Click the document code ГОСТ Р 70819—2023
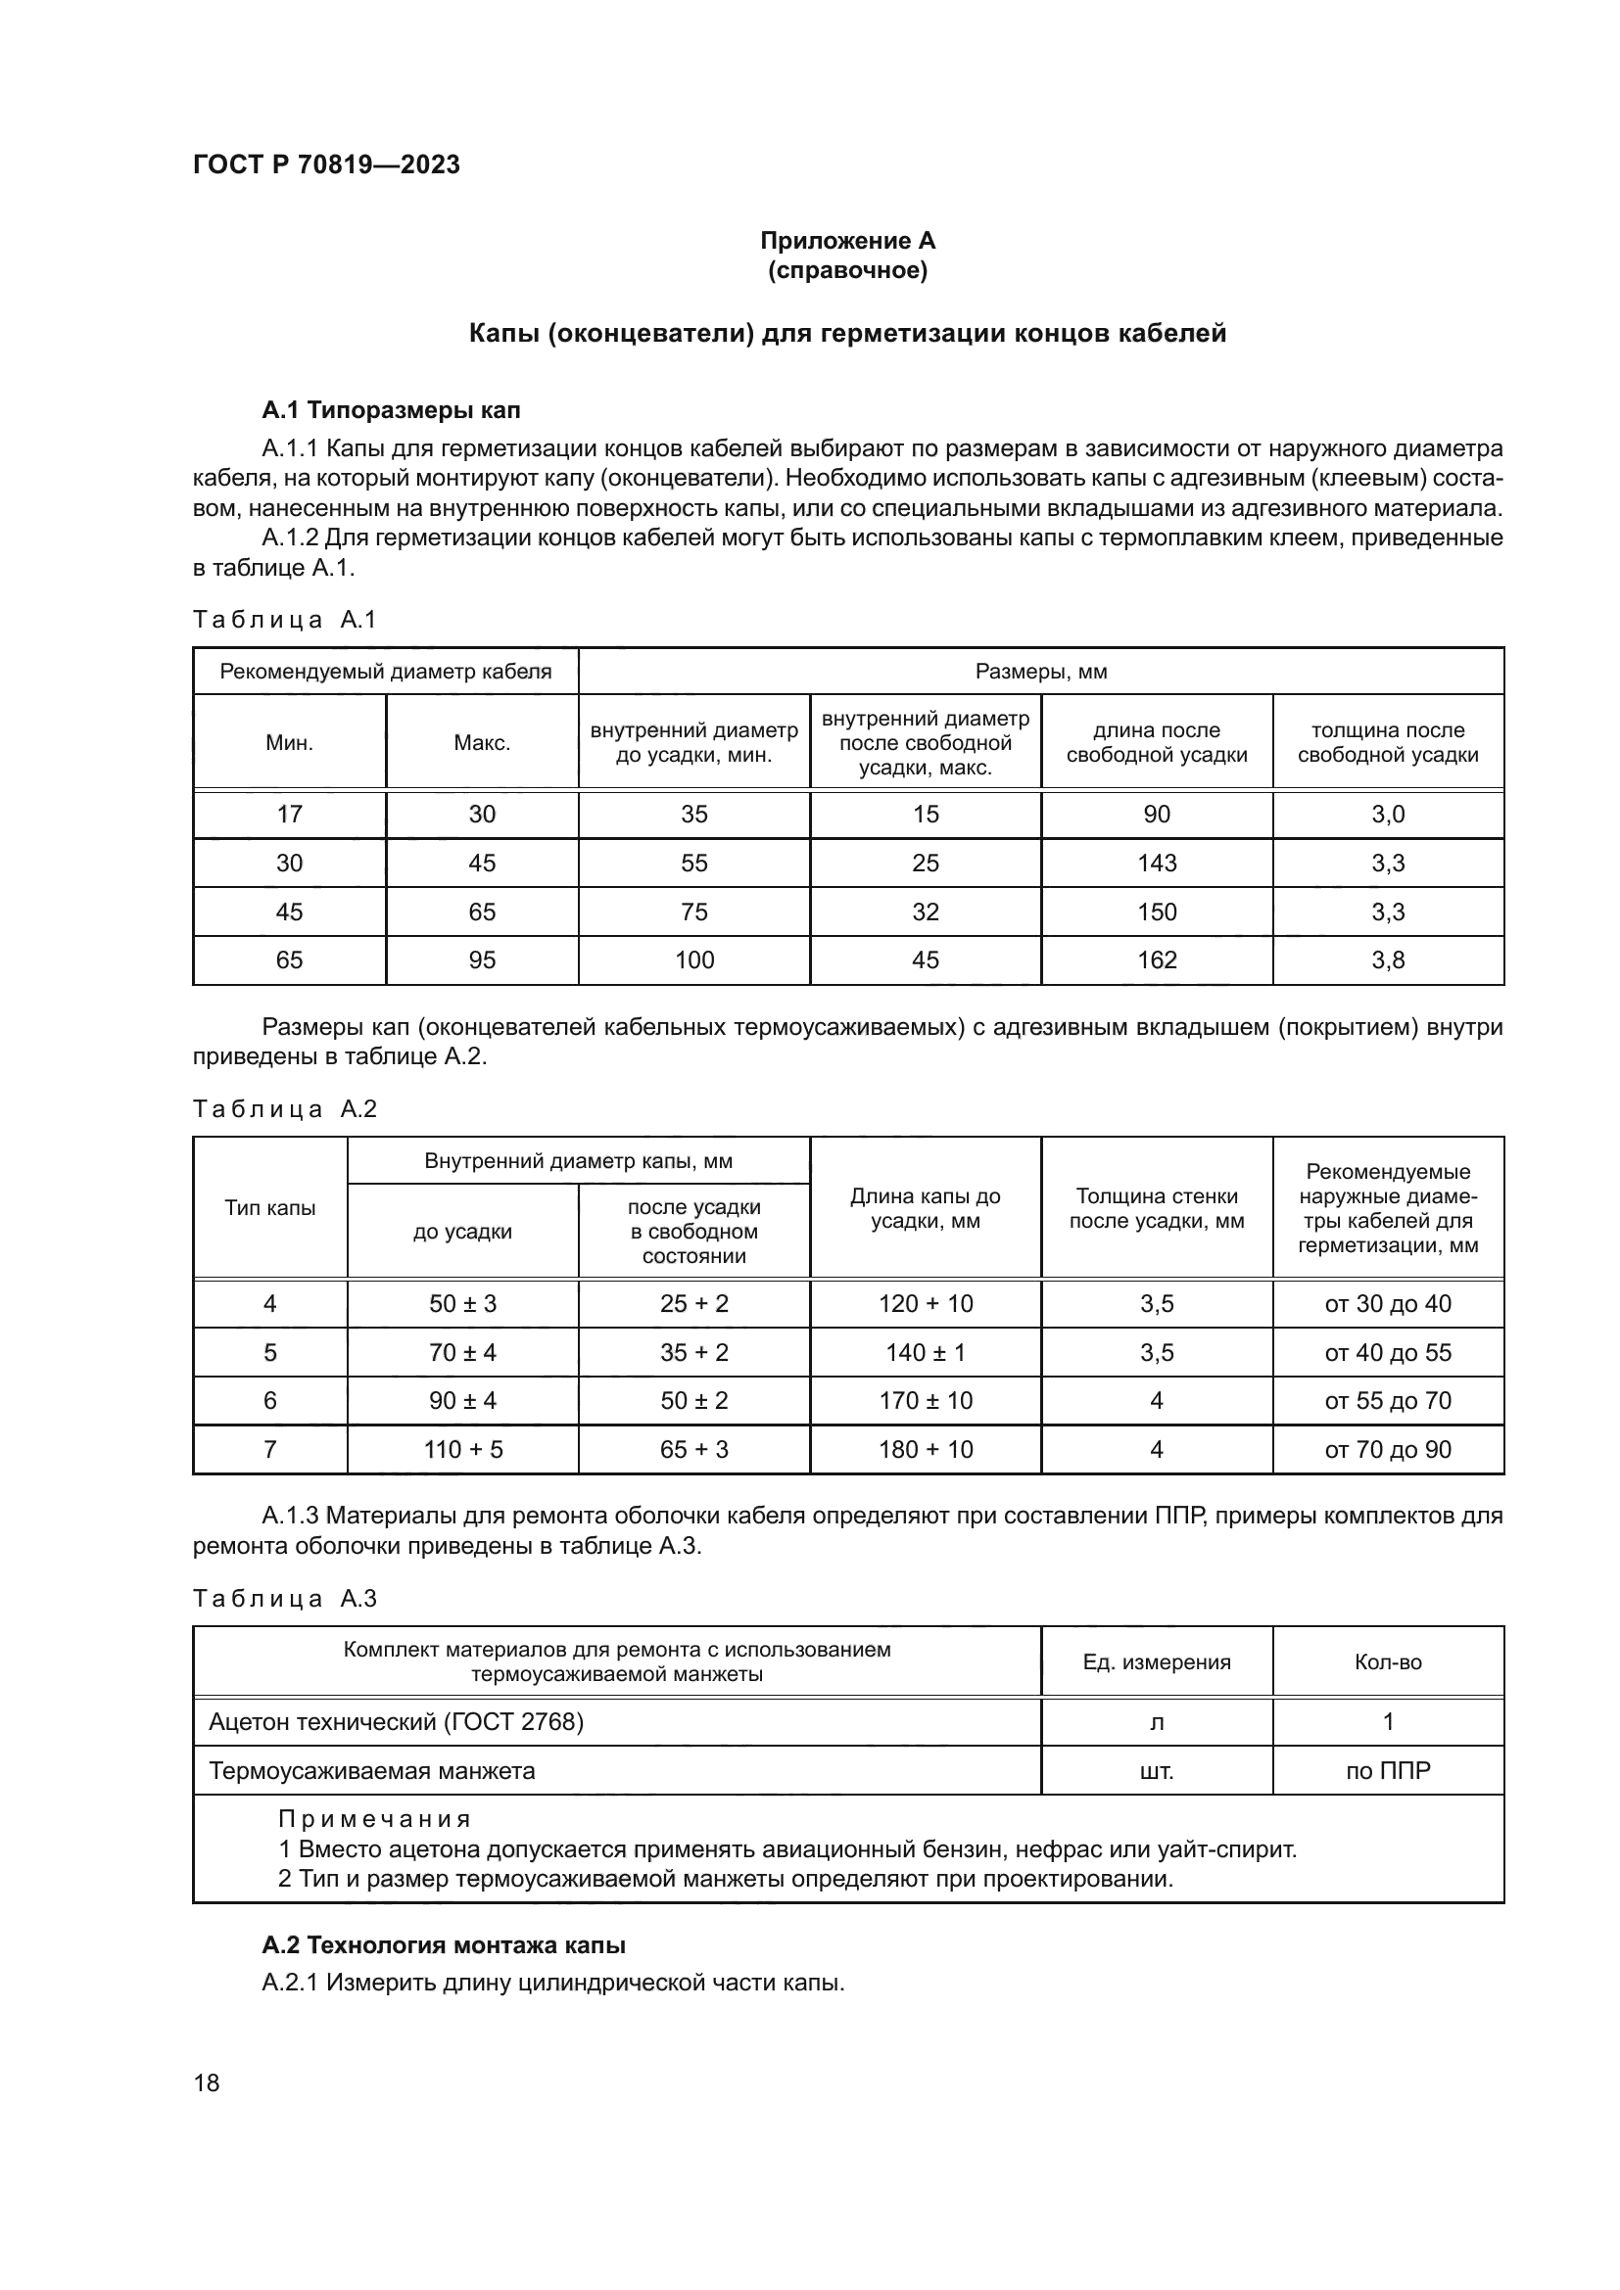326,164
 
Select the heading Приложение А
847,241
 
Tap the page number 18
207,2082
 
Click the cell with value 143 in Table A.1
1156,863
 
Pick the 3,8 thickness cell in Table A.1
1388,959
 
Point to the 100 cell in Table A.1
693,959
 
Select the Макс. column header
482,742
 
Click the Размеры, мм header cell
1040,672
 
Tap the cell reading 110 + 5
463,1449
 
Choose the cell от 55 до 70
1388,1400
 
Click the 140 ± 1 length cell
925,1352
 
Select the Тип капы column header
269,1208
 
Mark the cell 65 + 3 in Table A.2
693,1449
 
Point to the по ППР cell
1388,1770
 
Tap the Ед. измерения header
1156,1661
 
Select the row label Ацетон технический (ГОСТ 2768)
396,1721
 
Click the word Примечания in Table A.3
374,1819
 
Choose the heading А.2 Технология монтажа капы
444,1945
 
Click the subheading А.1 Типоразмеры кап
391,410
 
